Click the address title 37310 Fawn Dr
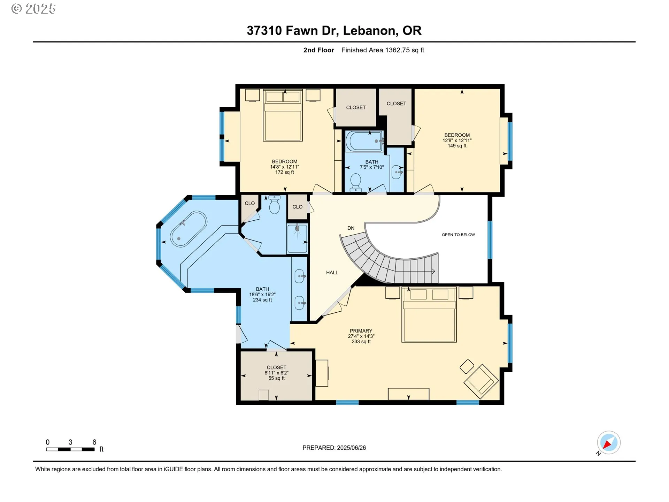click(334, 31)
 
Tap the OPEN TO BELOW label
click(458, 235)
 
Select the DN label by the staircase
click(351, 228)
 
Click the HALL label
click(332, 273)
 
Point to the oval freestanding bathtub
click(189, 229)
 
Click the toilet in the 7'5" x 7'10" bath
click(355, 182)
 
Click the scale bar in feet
click(70, 449)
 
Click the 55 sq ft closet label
click(276, 373)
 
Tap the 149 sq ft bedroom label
click(457, 140)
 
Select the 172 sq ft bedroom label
click(284, 167)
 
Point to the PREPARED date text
click(334, 448)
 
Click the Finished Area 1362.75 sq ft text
click(382, 50)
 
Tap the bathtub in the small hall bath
click(364, 141)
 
